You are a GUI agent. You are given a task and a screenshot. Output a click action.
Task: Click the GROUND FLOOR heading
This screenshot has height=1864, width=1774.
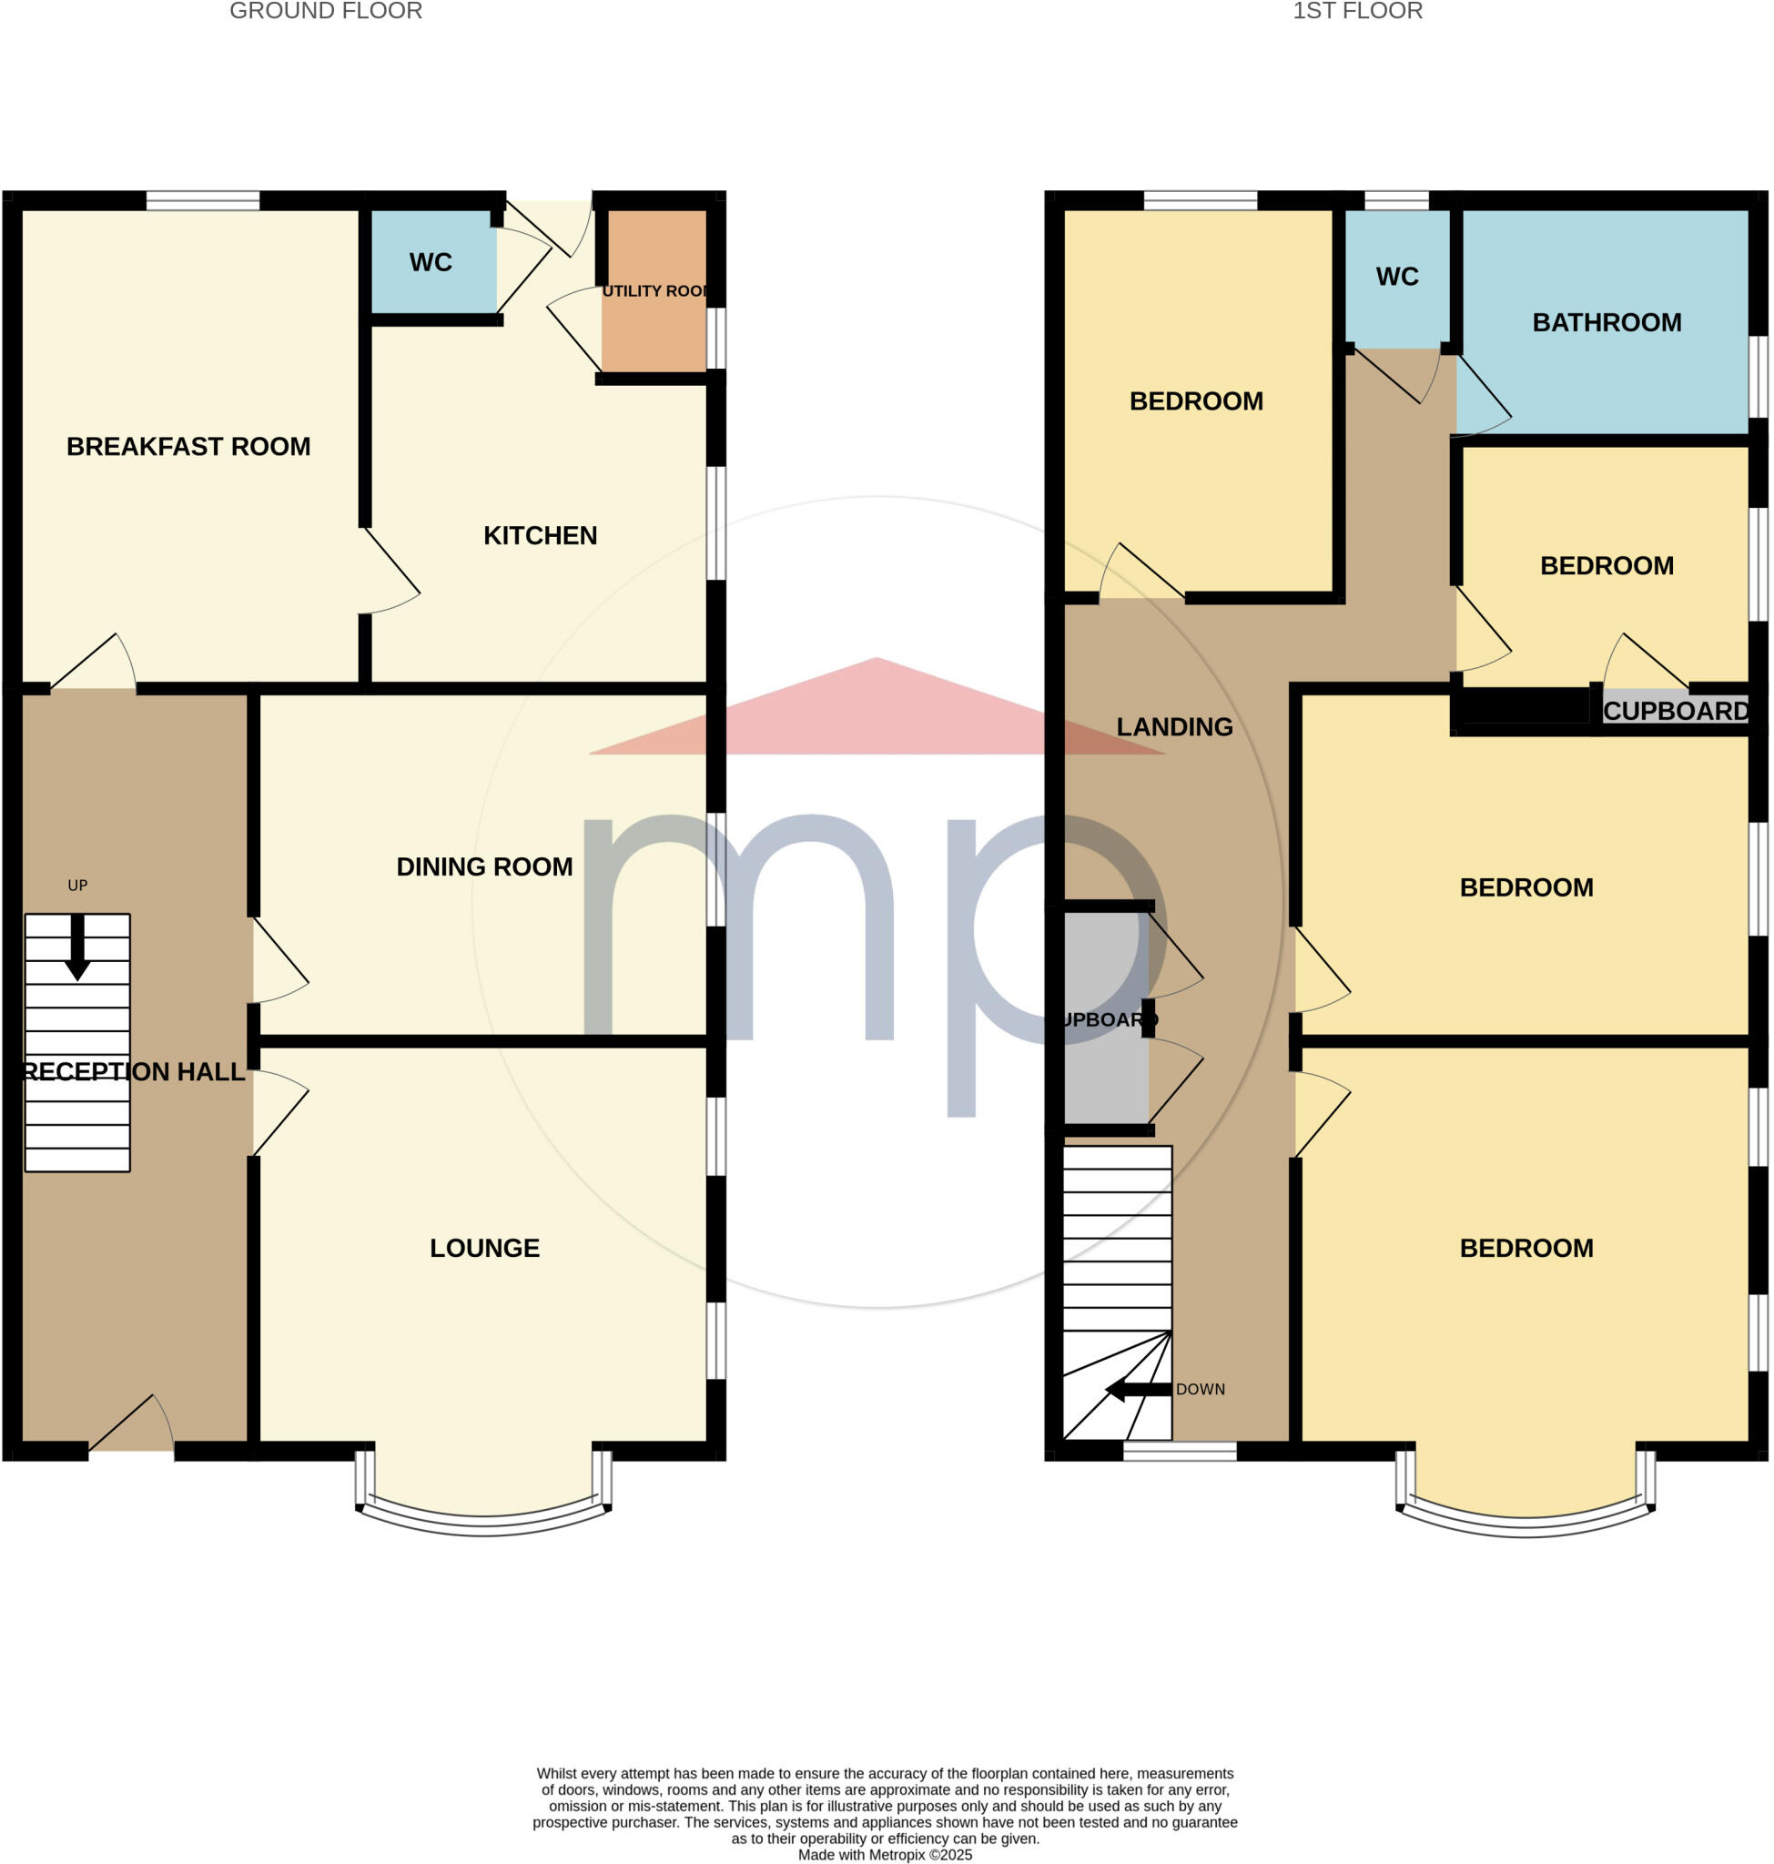(x=325, y=11)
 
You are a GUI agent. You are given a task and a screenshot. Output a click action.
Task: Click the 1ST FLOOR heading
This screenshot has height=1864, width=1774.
(x=1357, y=11)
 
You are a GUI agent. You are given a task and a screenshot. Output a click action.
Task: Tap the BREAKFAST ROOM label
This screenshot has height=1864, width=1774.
(x=188, y=446)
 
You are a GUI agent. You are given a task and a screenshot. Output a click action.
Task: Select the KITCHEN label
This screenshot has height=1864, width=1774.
(x=540, y=535)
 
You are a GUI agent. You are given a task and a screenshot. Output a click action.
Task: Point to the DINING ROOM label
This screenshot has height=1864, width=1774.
(x=484, y=866)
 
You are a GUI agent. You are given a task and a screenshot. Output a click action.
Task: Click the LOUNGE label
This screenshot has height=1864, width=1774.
(x=484, y=1248)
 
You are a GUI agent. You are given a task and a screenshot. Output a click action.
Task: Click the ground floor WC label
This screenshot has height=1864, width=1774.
(x=431, y=262)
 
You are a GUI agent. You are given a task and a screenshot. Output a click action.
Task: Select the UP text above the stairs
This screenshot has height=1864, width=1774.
(x=77, y=886)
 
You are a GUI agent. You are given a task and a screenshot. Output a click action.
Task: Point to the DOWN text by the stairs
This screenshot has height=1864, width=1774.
(x=1200, y=1389)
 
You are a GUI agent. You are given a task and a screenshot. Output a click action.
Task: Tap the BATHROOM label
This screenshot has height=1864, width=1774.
(x=1607, y=322)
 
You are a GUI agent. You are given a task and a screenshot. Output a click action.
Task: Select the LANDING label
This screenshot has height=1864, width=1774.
(x=1174, y=726)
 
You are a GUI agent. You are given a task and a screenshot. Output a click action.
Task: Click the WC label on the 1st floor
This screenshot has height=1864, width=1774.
(x=1396, y=276)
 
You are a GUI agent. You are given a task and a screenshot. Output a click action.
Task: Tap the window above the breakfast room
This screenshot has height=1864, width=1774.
(x=202, y=200)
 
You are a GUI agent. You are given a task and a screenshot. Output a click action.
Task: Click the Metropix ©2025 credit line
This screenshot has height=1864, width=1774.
(x=884, y=1855)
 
